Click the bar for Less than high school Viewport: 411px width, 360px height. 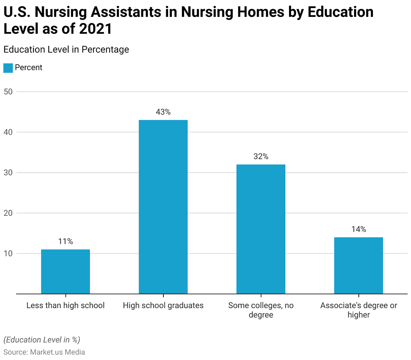65,272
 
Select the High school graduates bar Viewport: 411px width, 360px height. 163,207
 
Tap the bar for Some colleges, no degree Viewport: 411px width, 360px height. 261,229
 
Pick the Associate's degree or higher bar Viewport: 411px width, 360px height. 358,266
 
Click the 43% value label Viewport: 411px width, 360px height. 163,112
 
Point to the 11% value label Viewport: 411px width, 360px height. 65,241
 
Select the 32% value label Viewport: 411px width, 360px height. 261,157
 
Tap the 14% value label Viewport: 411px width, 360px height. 358,229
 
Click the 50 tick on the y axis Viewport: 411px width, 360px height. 8,92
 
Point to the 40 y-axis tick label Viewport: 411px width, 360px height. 8,132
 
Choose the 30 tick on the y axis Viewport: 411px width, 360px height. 8,173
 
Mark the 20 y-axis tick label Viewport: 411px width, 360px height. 8,213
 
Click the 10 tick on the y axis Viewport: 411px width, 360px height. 8,254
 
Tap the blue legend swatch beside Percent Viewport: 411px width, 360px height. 8,68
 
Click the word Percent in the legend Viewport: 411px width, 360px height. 28,67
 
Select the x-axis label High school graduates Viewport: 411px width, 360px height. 163,305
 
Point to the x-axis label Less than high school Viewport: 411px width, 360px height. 65,305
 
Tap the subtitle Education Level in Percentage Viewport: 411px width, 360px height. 66,49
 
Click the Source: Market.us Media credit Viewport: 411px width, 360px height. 44,352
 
